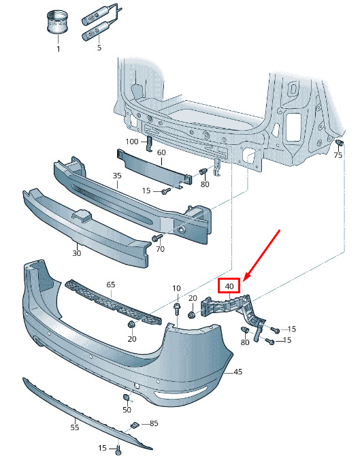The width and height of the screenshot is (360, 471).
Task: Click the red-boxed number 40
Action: (x=229, y=286)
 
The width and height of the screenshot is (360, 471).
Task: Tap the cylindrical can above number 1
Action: (x=57, y=22)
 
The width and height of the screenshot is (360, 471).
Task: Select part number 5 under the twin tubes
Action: (x=99, y=48)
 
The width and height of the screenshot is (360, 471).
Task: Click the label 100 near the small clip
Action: (x=132, y=141)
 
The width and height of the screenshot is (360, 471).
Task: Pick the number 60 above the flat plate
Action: (x=161, y=152)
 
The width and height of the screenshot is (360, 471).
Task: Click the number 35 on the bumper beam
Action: (x=117, y=176)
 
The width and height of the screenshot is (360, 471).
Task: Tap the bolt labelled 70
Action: (x=157, y=238)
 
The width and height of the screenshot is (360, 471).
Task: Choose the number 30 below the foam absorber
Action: (x=77, y=253)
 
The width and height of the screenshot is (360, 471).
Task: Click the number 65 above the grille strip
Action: (x=111, y=284)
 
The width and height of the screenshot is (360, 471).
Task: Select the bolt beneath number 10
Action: (x=176, y=308)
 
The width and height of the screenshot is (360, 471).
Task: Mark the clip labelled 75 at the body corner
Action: (x=340, y=142)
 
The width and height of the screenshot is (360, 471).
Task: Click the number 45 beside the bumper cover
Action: (x=238, y=372)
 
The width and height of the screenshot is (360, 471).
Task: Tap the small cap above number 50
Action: (x=126, y=397)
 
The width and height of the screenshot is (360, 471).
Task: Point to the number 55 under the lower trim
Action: (x=75, y=427)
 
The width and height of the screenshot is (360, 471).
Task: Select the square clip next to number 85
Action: (x=134, y=425)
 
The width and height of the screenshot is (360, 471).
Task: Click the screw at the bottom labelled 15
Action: (x=118, y=450)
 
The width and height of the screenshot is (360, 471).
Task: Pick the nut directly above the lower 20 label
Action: (x=131, y=325)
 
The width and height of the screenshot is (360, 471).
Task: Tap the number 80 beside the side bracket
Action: (x=245, y=342)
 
